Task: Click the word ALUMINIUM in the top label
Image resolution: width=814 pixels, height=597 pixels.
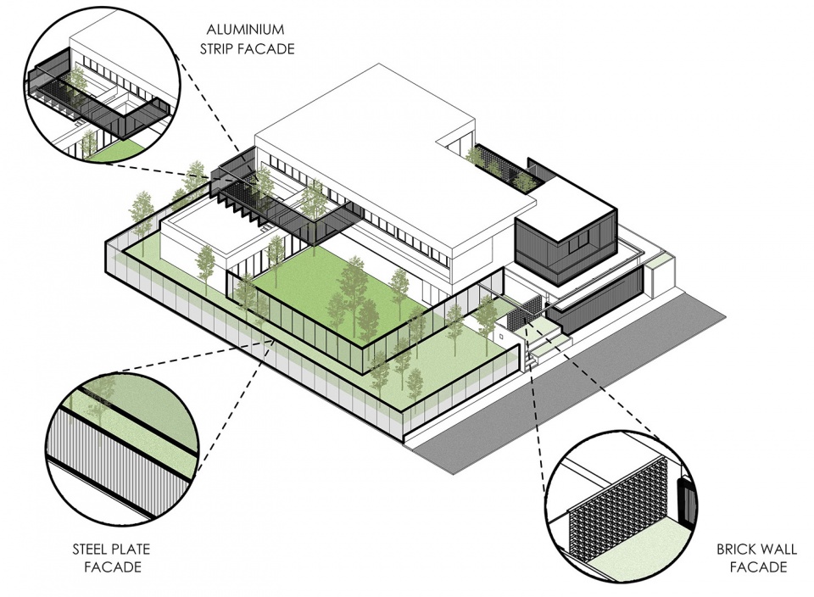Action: (x=245, y=29)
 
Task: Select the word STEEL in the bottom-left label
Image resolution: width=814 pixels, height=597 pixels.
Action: (x=90, y=549)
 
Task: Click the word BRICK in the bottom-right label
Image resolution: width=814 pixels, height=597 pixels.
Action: (x=736, y=549)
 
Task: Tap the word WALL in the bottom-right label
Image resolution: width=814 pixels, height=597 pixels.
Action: (x=778, y=549)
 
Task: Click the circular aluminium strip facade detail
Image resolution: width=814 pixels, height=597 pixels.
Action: (x=103, y=86)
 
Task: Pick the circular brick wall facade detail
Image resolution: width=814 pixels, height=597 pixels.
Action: (x=622, y=519)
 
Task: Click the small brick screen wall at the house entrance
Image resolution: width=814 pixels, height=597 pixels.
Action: (x=526, y=313)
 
